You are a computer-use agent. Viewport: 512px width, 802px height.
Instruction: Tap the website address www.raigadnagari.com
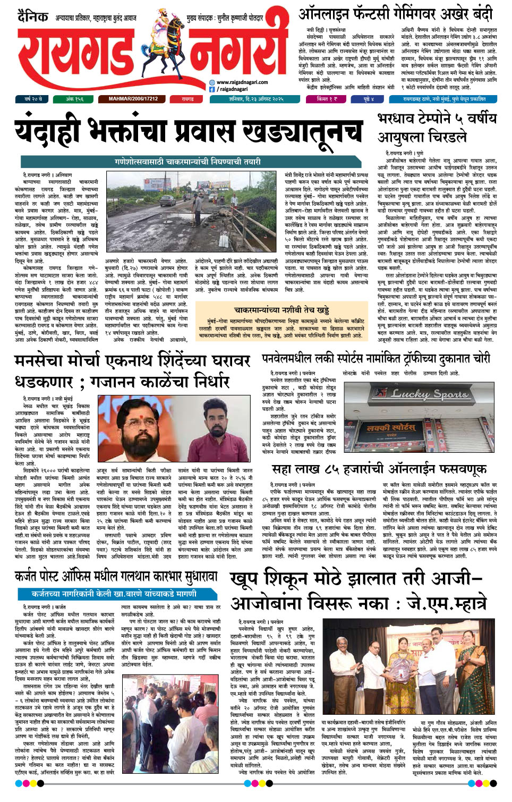point(242,82)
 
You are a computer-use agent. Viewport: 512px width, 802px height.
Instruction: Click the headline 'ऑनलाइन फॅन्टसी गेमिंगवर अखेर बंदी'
point(395,14)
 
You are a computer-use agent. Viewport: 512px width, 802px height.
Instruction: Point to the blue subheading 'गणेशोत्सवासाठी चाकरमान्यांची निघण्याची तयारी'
point(187,161)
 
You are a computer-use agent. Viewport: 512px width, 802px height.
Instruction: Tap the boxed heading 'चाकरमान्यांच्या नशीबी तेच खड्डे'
point(281,309)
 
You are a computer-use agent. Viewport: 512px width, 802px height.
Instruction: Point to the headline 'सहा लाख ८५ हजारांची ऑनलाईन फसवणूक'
point(379,469)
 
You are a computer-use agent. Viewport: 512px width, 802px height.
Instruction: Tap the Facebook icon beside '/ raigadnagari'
point(212,89)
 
